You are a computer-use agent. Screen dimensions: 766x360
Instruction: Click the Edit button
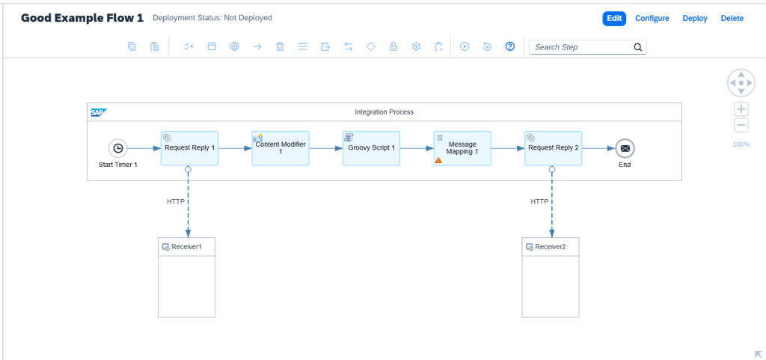click(614, 19)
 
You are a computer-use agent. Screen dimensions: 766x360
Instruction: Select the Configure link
click(652, 19)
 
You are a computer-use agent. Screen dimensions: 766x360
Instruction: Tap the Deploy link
click(695, 19)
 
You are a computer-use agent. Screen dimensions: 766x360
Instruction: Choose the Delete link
click(732, 19)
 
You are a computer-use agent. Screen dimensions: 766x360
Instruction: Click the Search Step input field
click(581, 47)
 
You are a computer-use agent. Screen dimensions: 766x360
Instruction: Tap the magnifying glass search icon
click(637, 47)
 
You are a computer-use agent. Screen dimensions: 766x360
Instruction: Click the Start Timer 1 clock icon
click(117, 148)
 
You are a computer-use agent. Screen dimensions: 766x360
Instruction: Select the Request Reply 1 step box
click(189, 148)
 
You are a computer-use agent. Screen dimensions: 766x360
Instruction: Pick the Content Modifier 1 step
click(281, 148)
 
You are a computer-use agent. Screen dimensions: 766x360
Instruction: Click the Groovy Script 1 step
click(371, 148)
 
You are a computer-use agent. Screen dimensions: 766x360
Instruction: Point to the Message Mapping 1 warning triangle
click(438, 159)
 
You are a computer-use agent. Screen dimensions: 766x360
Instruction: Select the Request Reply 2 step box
click(554, 148)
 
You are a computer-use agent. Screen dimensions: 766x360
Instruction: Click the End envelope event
click(625, 148)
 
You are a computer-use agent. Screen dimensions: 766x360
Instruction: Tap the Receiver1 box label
click(186, 247)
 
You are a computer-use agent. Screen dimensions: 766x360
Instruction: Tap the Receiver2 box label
click(550, 247)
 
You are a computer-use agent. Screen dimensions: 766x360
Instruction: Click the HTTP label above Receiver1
click(176, 202)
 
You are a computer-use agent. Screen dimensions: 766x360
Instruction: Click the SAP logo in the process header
click(99, 112)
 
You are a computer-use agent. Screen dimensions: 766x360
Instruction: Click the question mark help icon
click(510, 46)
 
